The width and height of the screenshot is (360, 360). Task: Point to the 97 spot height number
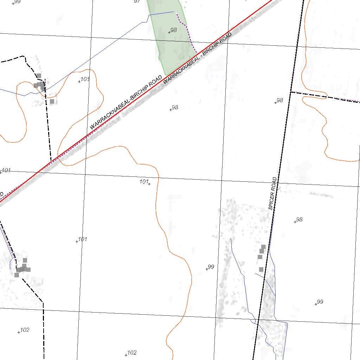pos(137,1)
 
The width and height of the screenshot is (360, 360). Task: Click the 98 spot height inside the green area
pos(173,30)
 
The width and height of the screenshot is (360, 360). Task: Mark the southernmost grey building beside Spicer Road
pos(261,269)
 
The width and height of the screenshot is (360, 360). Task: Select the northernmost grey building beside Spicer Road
pos(263,247)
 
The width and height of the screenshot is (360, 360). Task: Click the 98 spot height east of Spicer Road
pos(299,220)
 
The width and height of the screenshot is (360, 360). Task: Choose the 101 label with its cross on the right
pos(144,181)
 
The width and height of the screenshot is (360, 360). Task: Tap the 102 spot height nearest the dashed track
pos(25,330)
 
